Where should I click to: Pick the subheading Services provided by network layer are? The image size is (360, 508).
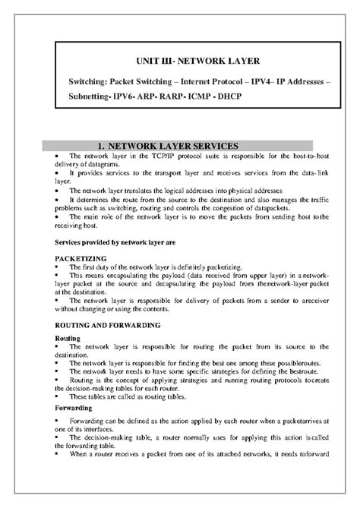click(112, 242)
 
